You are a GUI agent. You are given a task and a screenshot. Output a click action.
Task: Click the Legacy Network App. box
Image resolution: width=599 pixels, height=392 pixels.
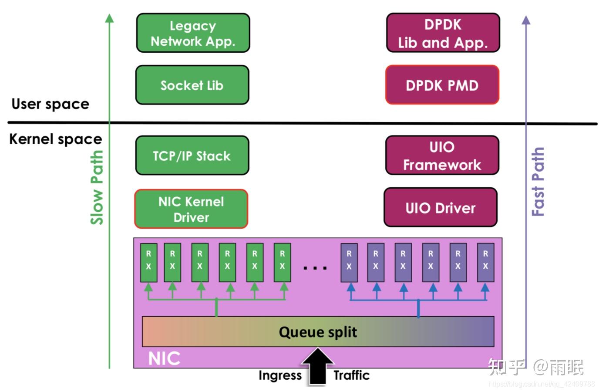click(193, 33)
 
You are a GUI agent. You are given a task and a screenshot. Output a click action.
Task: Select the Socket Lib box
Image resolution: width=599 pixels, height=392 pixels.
click(192, 85)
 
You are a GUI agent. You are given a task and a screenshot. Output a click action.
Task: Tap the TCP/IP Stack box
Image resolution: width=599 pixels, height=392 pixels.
click(192, 155)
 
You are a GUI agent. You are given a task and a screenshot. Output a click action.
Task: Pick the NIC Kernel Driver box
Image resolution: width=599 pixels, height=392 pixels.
click(191, 209)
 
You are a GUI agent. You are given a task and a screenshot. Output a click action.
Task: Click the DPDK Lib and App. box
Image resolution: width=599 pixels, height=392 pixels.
click(443, 33)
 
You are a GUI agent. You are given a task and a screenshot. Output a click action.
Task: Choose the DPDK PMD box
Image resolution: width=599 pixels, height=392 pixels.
click(442, 85)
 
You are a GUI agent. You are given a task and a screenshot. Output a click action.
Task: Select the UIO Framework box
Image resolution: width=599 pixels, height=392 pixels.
click(442, 155)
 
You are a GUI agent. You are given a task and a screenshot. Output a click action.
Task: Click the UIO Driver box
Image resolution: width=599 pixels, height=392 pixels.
click(440, 208)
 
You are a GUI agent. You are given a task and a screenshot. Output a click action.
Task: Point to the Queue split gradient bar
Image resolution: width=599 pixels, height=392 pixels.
click(318, 332)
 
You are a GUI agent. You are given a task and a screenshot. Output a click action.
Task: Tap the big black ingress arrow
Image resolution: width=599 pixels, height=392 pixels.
click(318, 366)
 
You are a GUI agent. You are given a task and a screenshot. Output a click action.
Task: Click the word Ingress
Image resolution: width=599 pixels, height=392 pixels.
click(280, 375)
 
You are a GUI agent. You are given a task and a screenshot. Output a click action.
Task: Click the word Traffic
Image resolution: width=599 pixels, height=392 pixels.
click(351, 375)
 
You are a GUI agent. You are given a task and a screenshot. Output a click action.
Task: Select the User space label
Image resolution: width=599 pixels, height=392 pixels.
click(50, 104)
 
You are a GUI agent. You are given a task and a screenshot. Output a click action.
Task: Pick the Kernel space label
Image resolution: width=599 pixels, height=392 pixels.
click(55, 139)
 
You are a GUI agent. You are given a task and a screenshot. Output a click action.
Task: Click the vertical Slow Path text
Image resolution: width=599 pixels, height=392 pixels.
click(97, 187)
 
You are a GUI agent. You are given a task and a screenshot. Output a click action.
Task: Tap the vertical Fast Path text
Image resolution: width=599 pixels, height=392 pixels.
click(538, 182)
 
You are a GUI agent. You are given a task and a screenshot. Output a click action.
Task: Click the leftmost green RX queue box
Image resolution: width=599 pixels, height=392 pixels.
click(148, 263)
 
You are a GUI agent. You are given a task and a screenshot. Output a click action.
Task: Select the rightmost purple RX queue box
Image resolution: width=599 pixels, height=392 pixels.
click(485, 263)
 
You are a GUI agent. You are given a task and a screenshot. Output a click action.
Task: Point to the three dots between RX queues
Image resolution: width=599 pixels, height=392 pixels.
click(315, 268)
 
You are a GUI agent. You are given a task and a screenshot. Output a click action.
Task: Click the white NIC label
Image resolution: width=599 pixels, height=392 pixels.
click(164, 358)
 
